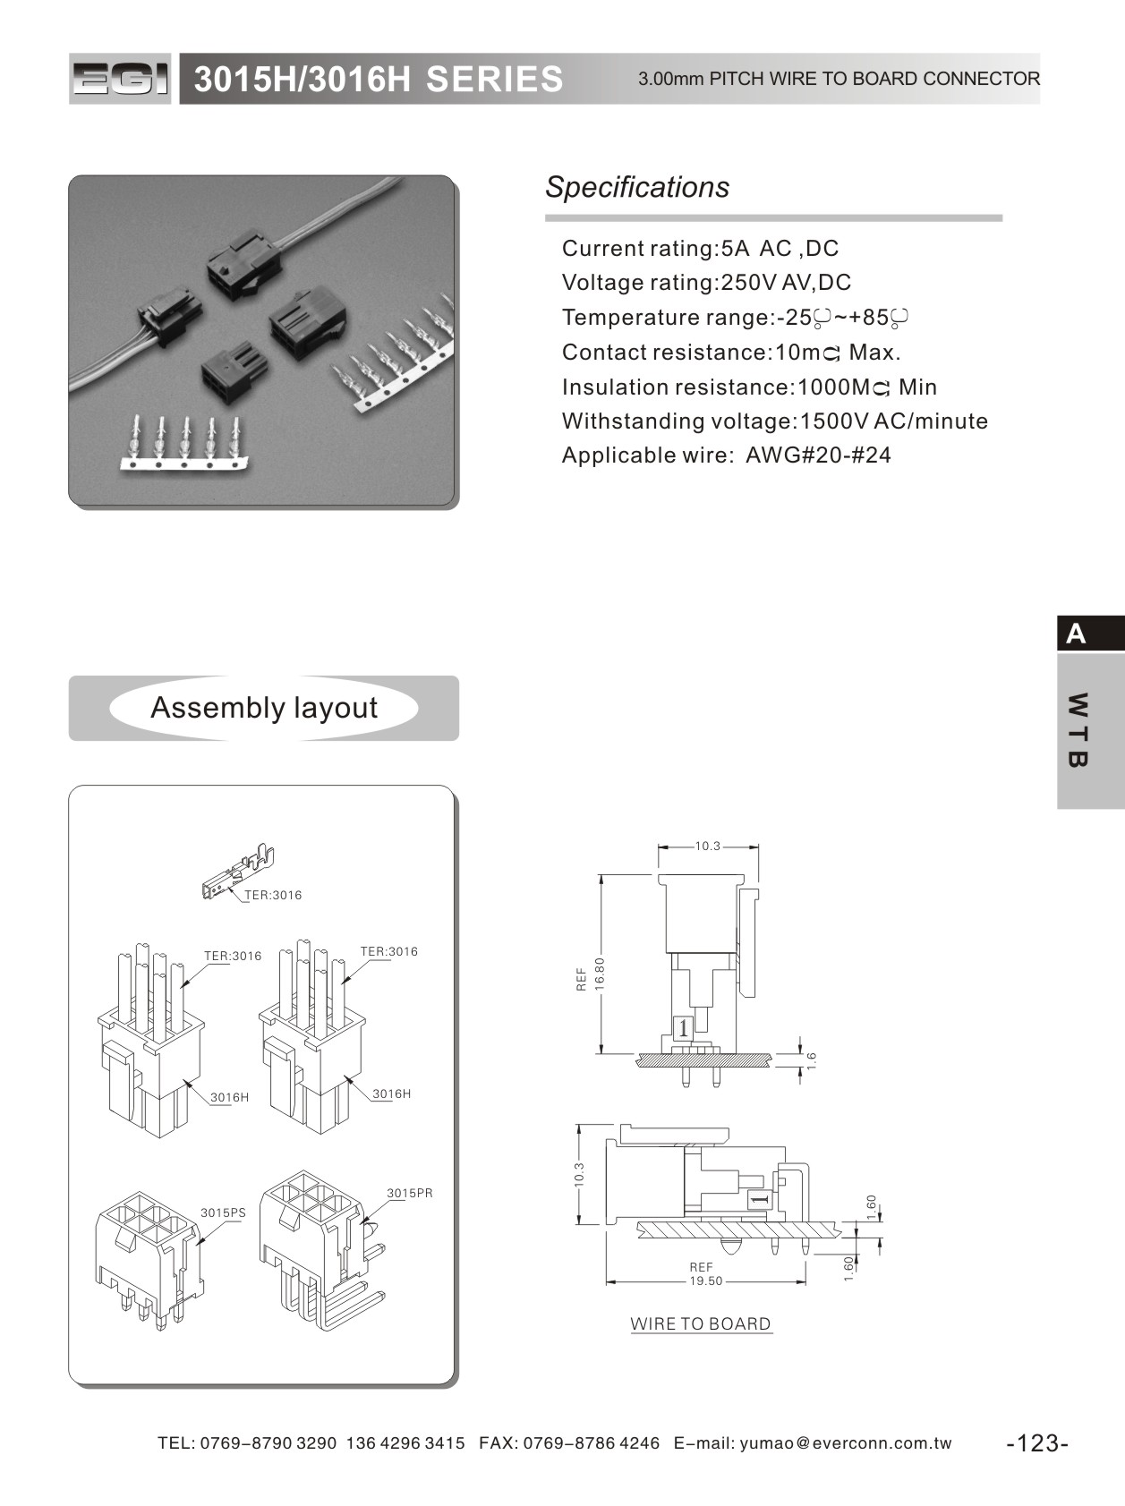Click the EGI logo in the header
pyautogui.click(x=120, y=79)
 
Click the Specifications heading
pyautogui.click(x=636, y=187)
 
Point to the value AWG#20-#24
pyautogui.click(x=818, y=455)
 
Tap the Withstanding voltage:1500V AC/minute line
pyautogui.click(x=774, y=421)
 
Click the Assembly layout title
pyautogui.click(x=264, y=708)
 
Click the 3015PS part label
pyautogui.click(x=223, y=1213)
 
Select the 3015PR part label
pyautogui.click(x=410, y=1194)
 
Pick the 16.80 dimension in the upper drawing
pyautogui.click(x=600, y=974)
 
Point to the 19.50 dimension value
pyautogui.click(x=705, y=1281)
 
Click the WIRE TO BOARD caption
pyautogui.click(x=701, y=1324)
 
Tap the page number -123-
pyautogui.click(x=1037, y=1443)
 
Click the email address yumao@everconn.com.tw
pyautogui.click(x=845, y=1443)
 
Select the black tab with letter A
pyautogui.click(x=1090, y=634)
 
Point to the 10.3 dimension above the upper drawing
pyautogui.click(x=708, y=846)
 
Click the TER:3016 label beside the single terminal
pyautogui.click(x=273, y=896)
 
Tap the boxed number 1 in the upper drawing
pyautogui.click(x=684, y=1028)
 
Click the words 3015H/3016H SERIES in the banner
pyautogui.click(x=379, y=80)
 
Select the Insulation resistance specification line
pyautogui.click(x=749, y=387)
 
